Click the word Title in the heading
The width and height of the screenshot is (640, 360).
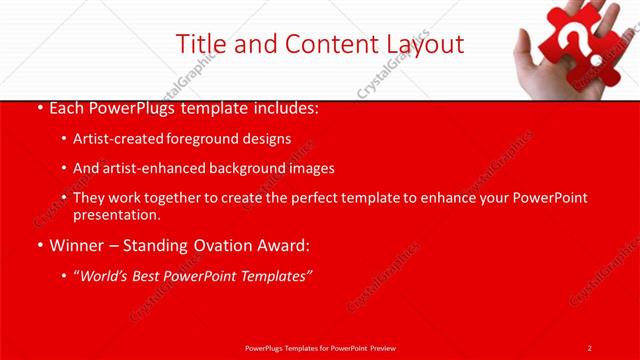pyautogui.click(x=200, y=44)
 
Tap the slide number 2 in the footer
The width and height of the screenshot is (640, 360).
pyautogui.click(x=589, y=347)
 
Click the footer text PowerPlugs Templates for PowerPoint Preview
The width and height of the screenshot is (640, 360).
pyautogui.click(x=319, y=347)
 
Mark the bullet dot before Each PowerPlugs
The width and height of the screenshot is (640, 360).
pyautogui.click(x=38, y=107)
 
